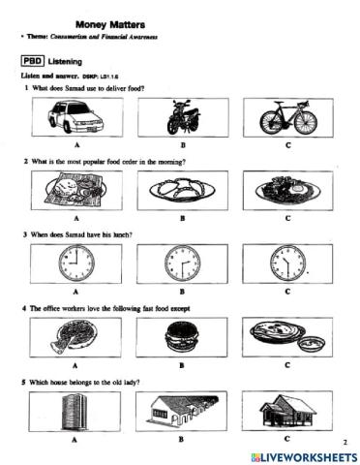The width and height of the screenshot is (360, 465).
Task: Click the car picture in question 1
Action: coord(74,119)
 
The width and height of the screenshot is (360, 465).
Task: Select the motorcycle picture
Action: coord(181,119)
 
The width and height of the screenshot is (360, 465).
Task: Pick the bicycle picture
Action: coord(287,119)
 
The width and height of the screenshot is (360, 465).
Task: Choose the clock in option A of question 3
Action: coord(74,263)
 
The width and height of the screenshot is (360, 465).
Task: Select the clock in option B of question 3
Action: coord(181,263)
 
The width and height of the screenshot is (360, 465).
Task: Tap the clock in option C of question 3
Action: coord(287,263)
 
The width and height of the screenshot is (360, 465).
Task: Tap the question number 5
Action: coord(26,383)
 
